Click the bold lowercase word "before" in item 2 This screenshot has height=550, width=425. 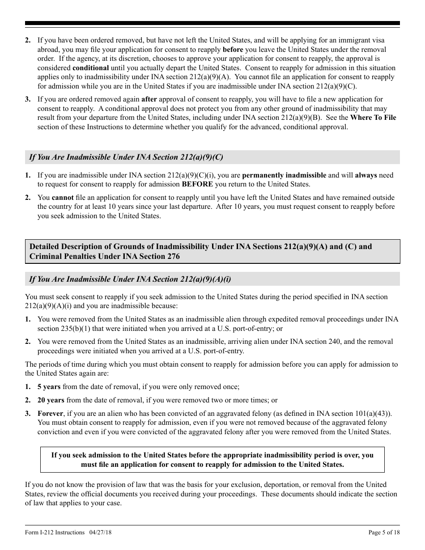(x=233, y=50)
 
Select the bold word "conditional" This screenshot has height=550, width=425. (x=90, y=68)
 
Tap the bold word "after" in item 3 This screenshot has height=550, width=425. (x=149, y=99)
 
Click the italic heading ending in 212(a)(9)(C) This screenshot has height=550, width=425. (x=126, y=157)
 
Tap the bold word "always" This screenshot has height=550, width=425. (x=366, y=175)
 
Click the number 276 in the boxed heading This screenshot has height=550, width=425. (x=173, y=256)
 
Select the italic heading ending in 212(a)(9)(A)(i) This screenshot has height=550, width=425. (x=130, y=279)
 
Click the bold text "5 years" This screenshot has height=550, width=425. (x=49, y=387)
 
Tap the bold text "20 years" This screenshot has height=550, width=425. (x=51, y=400)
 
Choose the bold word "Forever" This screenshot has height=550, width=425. (x=50, y=414)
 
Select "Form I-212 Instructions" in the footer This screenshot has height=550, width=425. (x=55, y=533)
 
